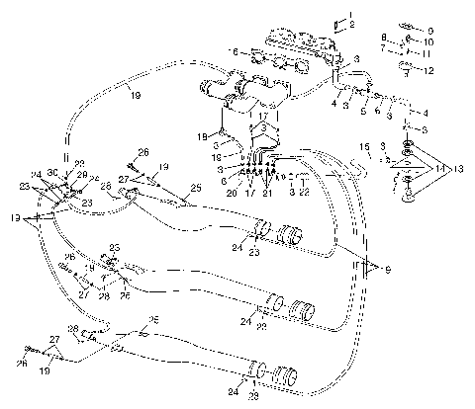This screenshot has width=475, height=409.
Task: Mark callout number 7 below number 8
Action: coord(385,47)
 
